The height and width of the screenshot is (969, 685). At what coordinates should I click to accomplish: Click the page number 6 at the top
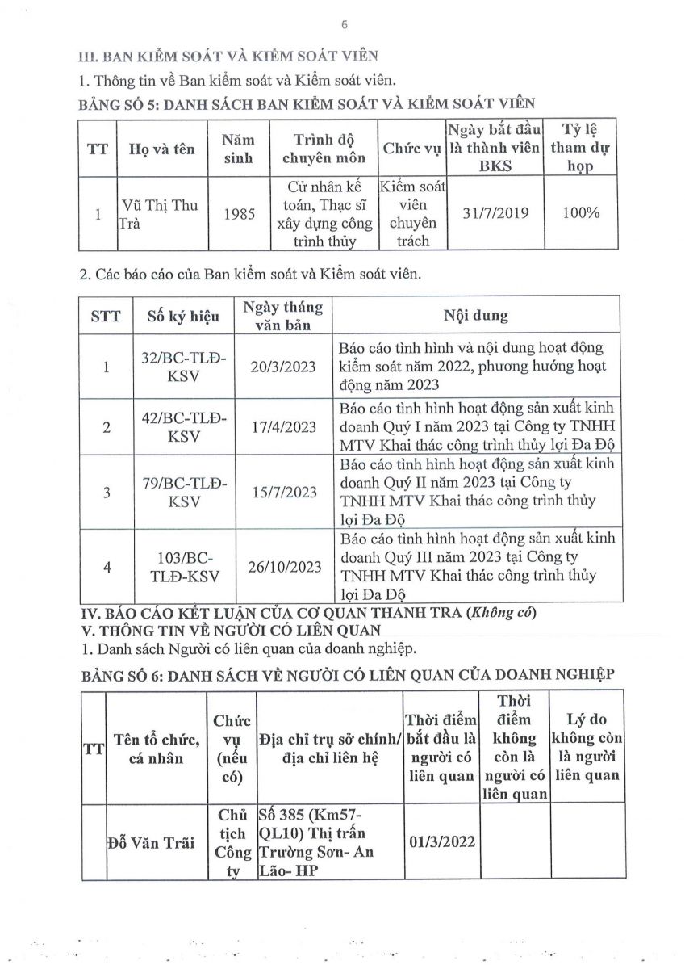click(x=344, y=25)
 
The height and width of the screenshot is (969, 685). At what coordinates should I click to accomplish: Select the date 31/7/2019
click(x=495, y=214)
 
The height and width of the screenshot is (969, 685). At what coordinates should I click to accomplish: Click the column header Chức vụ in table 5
click(x=410, y=149)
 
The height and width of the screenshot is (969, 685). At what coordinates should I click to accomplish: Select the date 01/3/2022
click(x=442, y=842)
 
